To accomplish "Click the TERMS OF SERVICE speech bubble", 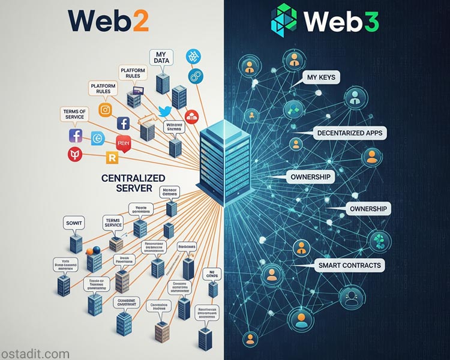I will click(x=74, y=114).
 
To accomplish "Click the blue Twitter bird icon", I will click(x=166, y=111).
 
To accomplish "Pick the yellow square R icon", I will click(x=111, y=158).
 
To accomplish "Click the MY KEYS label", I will click(x=323, y=77).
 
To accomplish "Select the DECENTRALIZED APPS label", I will click(x=350, y=133).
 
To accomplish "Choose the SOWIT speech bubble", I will click(x=75, y=224).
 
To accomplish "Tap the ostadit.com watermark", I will click(x=35, y=354).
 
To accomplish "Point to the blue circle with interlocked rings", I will click(x=193, y=76).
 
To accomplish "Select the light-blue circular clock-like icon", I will click(x=97, y=139).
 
